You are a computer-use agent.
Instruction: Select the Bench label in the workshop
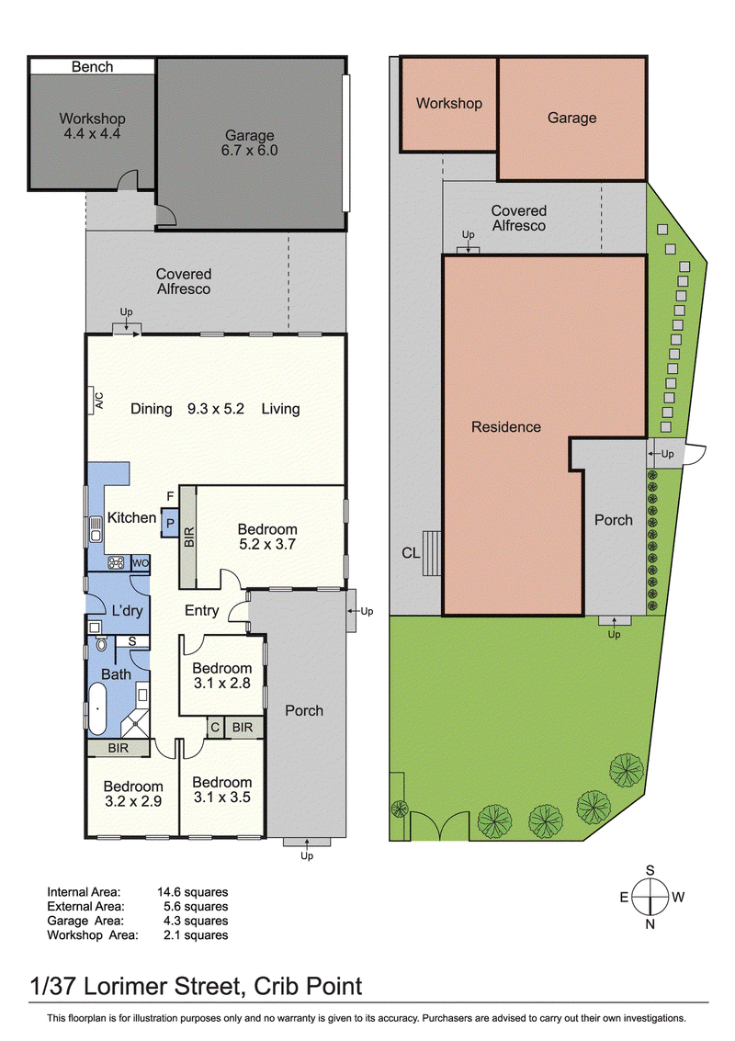(x=92, y=67)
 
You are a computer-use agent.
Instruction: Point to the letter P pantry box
(x=170, y=523)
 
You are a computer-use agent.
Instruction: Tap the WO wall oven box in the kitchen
(x=141, y=563)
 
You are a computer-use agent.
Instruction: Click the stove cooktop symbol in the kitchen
(x=116, y=563)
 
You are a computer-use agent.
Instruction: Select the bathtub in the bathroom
(x=97, y=708)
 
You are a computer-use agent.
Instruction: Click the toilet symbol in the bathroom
(x=101, y=643)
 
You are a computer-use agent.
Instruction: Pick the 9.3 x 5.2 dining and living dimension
(x=216, y=409)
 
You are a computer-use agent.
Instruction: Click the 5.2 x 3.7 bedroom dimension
(x=267, y=545)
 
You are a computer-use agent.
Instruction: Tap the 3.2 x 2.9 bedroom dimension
(x=133, y=801)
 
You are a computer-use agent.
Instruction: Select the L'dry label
(x=127, y=611)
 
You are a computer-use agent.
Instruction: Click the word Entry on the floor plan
(x=202, y=611)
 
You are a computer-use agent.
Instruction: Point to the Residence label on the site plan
(x=506, y=427)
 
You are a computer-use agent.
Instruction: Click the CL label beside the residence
(x=411, y=552)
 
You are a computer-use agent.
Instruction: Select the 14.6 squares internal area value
(x=193, y=892)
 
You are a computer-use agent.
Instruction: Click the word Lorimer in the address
(x=125, y=987)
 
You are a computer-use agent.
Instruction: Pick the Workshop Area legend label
(x=93, y=935)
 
